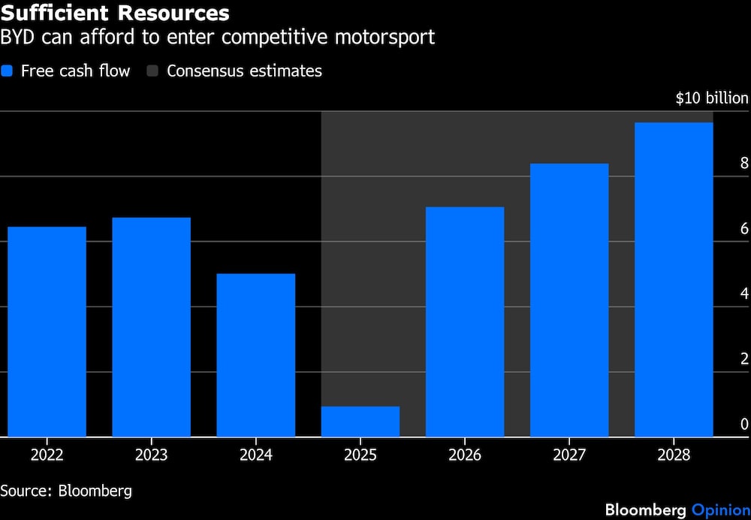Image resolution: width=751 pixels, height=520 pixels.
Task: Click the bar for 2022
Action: coord(47,331)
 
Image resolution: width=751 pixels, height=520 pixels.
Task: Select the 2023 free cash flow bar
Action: coord(151,327)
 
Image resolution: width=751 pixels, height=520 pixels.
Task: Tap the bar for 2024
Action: coord(255,355)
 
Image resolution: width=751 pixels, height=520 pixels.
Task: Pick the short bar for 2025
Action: coord(360,422)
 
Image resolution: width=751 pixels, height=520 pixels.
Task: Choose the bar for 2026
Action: coord(464,322)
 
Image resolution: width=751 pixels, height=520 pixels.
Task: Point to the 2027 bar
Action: coord(569,300)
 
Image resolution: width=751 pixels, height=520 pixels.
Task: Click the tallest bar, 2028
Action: coord(673,280)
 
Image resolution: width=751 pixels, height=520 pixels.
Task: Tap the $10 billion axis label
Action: coord(711,98)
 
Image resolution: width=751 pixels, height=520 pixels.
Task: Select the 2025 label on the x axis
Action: coord(360,455)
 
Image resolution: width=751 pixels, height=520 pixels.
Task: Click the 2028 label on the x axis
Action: coord(673,455)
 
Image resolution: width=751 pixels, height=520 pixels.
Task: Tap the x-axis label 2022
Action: coord(47,455)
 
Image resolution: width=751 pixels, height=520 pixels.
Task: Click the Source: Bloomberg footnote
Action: coord(66,491)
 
